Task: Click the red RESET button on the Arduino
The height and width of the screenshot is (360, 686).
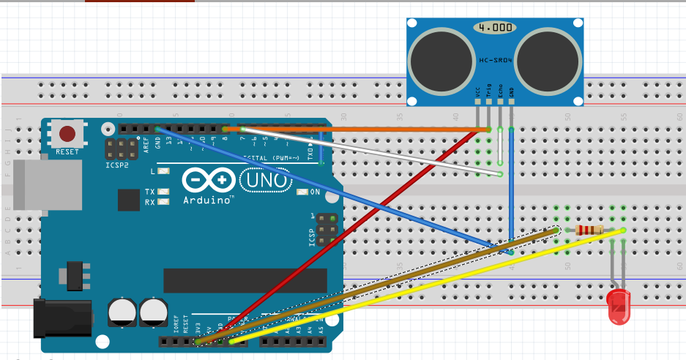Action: pyautogui.click(x=67, y=134)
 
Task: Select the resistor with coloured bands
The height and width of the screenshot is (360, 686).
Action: pyautogui.click(x=589, y=230)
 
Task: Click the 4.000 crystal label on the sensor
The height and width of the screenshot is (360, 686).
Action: pyautogui.click(x=494, y=28)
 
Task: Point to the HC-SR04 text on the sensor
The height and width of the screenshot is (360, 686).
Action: pyautogui.click(x=495, y=61)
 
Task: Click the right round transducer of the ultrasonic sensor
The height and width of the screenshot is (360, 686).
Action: pyautogui.click(x=549, y=60)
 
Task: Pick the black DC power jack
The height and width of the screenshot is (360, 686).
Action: pyautogui.click(x=62, y=318)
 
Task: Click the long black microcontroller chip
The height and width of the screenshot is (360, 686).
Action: pyautogui.click(x=245, y=280)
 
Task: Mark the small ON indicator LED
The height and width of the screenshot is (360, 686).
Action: pyautogui.click(x=302, y=192)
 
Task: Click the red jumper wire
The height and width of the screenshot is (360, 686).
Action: pyautogui.click(x=344, y=234)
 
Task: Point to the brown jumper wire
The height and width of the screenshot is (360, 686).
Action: pyautogui.click(x=381, y=285)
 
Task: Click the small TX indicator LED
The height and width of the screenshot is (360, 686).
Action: pyautogui.click(x=163, y=192)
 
